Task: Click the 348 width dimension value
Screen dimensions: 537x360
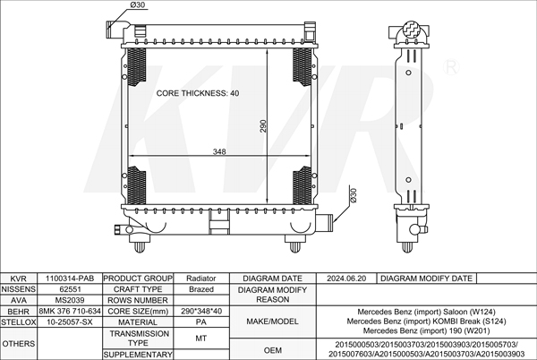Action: pyautogui.click(x=219, y=151)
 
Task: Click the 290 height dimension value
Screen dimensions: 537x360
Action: pyautogui.click(x=262, y=126)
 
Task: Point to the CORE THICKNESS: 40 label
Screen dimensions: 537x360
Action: pyautogui.click(x=198, y=93)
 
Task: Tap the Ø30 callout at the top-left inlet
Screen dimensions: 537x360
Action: pyautogui.click(x=138, y=4)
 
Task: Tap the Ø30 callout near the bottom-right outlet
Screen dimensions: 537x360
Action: pyautogui.click(x=354, y=195)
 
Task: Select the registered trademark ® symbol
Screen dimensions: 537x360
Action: pyautogui.click(x=451, y=67)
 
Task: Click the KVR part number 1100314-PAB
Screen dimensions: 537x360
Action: pyautogui.click(x=70, y=279)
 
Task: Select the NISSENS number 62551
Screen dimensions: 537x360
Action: pyautogui.click(x=70, y=289)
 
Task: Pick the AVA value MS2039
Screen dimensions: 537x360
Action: pyautogui.click(x=70, y=300)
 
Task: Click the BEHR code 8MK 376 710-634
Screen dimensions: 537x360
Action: pyautogui.click(x=70, y=311)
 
